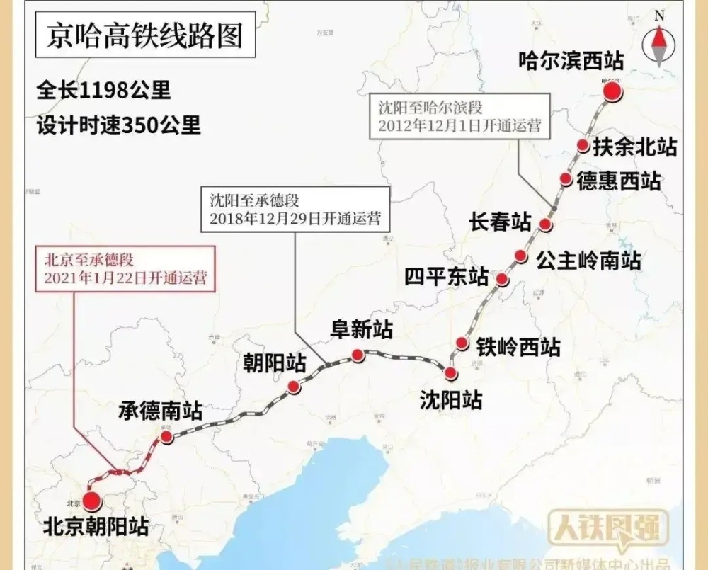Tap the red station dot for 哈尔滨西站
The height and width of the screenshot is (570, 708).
point(612,92)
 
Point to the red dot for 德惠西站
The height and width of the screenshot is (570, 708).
point(565,179)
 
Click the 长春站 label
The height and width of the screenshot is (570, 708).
point(500,222)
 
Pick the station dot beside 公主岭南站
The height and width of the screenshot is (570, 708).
point(520,256)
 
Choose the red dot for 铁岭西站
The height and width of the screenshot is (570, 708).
point(462,343)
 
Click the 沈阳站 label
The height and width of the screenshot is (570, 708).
point(451,400)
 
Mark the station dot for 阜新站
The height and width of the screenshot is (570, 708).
point(358,355)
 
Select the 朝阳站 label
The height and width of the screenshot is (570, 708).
point(275,364)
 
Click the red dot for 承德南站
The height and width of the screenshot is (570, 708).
point(166,438)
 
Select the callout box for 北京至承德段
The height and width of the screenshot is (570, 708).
point(125,268)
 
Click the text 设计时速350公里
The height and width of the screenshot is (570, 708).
point(119,125)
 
